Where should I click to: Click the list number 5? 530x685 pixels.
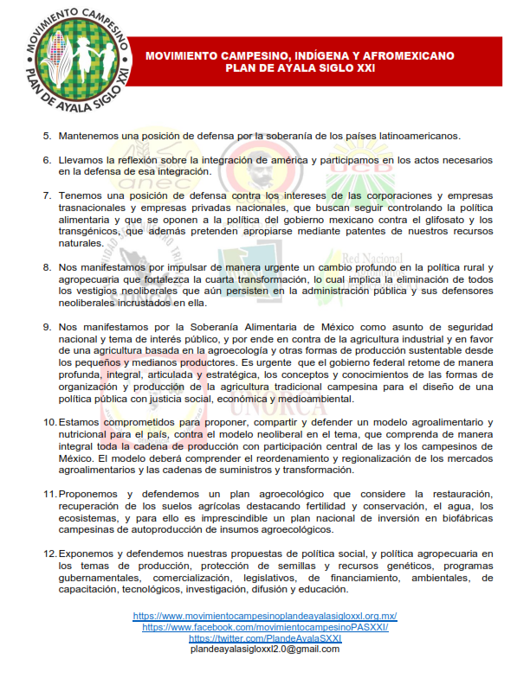tap(48, 137)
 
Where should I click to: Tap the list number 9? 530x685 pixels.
tap(48, 327)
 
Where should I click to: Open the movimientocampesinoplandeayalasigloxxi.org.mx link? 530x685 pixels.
tap(264, 616)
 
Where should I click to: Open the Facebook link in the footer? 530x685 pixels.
tap(265, 627)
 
